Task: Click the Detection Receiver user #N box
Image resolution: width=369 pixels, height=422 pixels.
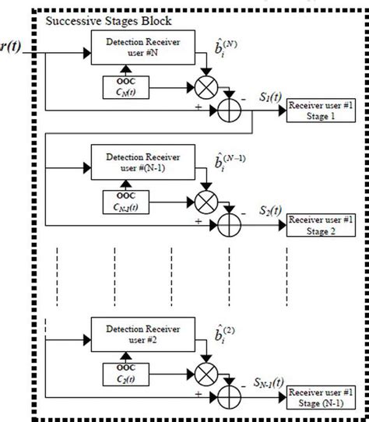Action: (138, 46)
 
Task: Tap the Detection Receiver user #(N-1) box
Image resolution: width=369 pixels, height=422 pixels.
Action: (138, 156)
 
